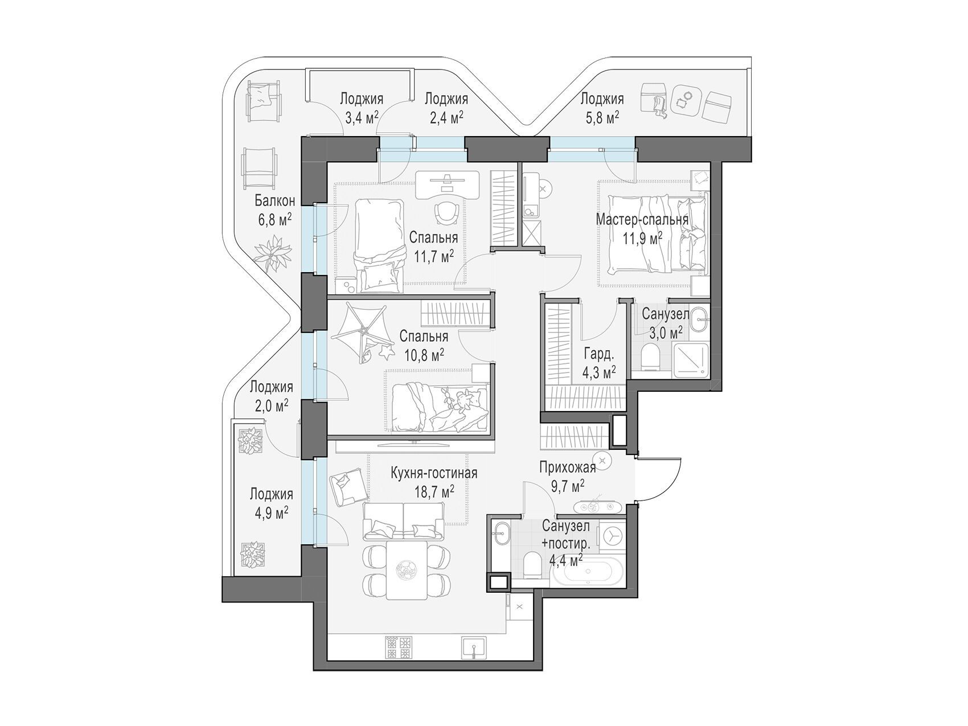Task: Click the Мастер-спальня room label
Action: (642, 219)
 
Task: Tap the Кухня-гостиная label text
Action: (433, 473)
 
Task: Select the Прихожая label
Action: (568, 468)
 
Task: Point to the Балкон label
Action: (274, 200)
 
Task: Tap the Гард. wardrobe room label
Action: (598, 354)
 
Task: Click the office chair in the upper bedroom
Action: (447, 212)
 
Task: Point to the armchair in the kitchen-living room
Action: (347, 488)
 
